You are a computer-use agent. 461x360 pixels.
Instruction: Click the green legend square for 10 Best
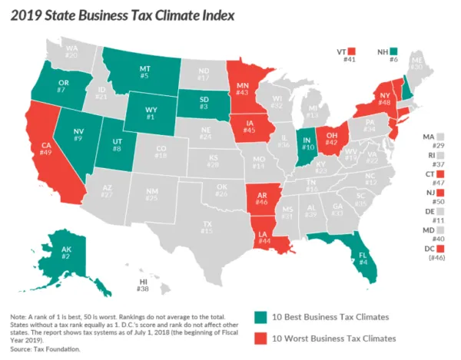(x=261, y=316)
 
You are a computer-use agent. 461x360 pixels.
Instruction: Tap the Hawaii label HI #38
(x=142, y=286)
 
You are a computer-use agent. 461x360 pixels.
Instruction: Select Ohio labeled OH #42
(x=332, y=137)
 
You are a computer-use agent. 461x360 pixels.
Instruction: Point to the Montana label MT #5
(x=144, y=71)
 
